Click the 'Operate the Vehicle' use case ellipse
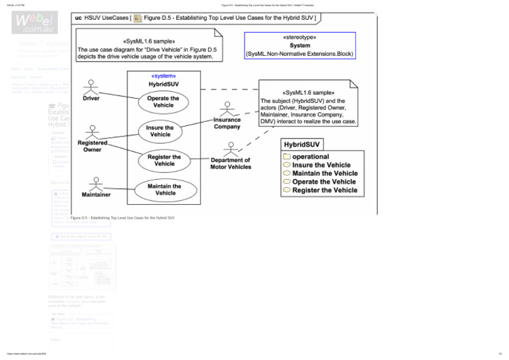[x=163, y=101]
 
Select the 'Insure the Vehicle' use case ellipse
[x=160, y=131]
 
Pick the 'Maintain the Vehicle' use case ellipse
[x=165, y=189]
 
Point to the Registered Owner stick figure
[x=92, y=129]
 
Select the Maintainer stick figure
[x=96, y=182]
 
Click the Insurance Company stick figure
[x=227, y=107]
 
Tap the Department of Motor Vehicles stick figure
[x=230, y=148]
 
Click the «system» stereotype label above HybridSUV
[x=162, y=76]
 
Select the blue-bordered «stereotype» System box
[x=300, y=46]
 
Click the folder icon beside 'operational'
[x=286, y=156]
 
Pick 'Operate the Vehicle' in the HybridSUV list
[x=324, y=182]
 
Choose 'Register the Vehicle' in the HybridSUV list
[x=325, y=190]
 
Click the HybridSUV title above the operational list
[x=302, y=145]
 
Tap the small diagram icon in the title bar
[x=137, y=17]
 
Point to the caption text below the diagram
[x=122, y=217]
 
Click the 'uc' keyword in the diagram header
[x=79, y=17]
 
